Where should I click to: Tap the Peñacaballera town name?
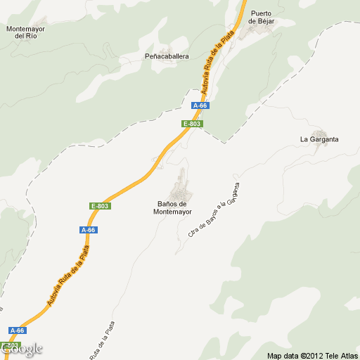click(x=167, y=56)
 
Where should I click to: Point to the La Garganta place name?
click(x=319, y=139)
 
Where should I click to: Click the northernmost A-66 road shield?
click(x=200, y=105)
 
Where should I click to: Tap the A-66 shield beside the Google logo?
click(x=18, y=330)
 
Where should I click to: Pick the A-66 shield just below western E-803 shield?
click(x=88, y=230)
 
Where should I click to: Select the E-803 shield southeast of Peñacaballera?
click(x=192, y=124)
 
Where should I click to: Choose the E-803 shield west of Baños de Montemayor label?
click(x=100, y=205)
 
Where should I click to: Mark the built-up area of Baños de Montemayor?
click(x=184, y=186)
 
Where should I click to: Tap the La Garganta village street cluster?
click(x=321, y=131)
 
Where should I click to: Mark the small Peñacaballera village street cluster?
click(x=169, y=63)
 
